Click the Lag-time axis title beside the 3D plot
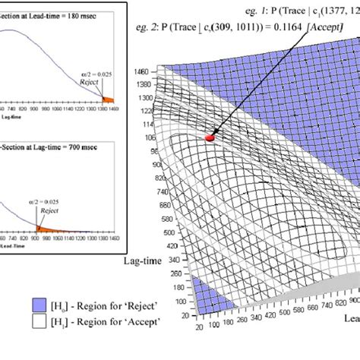click(142, 260)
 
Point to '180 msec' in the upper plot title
click(96, 14)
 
